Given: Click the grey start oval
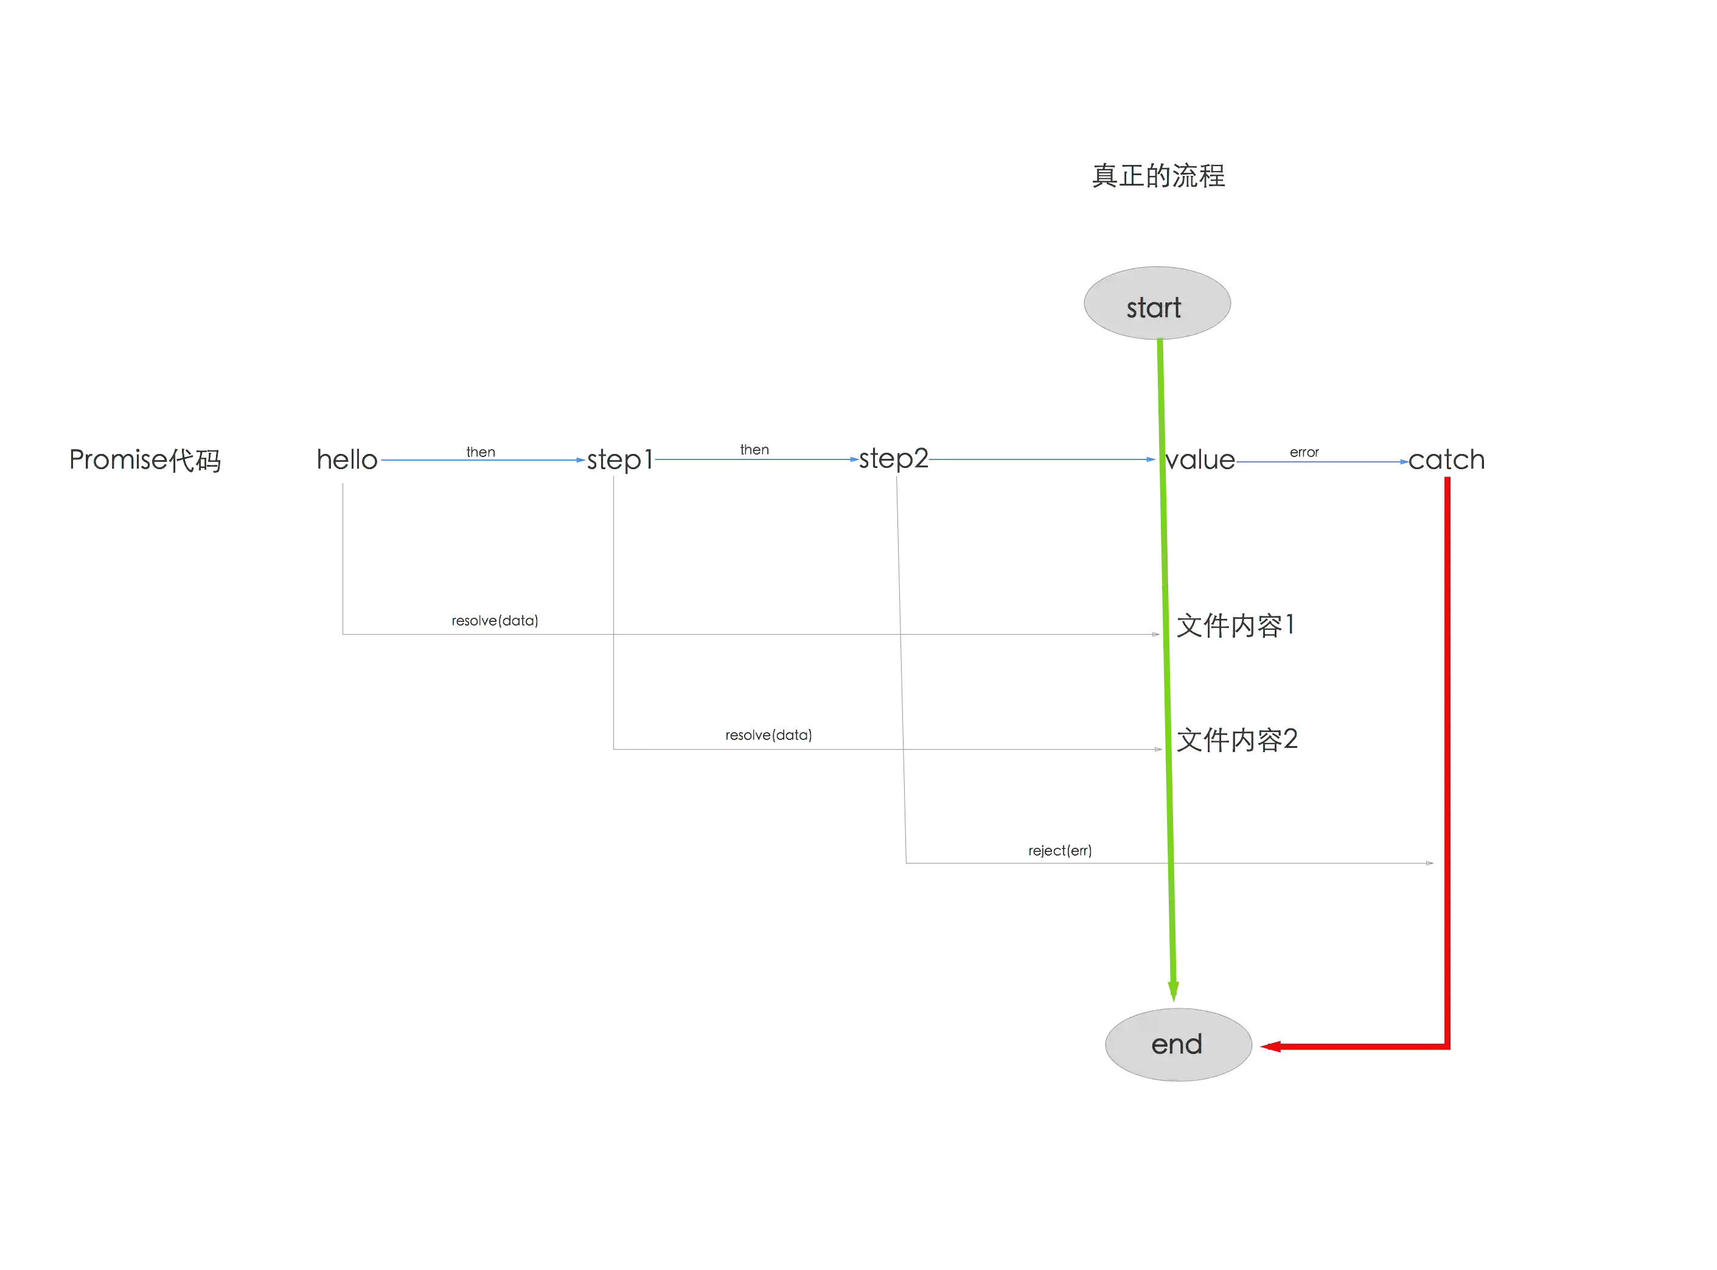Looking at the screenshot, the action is pyautogui.click(x=1157, y=303).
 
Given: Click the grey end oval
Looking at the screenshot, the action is pyautogui.click(x=1178, y=1045).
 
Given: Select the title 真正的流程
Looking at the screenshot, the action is pyautogui.click(x=1158, y=176).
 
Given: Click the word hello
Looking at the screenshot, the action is pyautogui.click(x=347, y=459).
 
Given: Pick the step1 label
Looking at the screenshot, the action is pyautogui.click(x=619, y=459).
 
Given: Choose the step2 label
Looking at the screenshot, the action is pyautogui.click(x=893, y=459).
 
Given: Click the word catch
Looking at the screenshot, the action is pyautogui.click(x=1446, y=459).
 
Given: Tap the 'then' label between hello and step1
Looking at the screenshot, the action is pyautogui.click(x=481, y=452).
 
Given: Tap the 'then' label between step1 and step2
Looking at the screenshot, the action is pyautogui.click(x=754, y=450).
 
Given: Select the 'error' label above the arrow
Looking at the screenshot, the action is pyautogui.click(x=1304, y=452).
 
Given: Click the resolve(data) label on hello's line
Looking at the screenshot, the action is pyautogui.click(x=495, y=620).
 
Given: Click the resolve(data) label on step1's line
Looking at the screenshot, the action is pyautogui.click(x=768, y=735).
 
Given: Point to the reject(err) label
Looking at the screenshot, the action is pyautogui.click(x=1060, y=850).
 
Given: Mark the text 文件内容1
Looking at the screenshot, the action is pyautogui.click(x=1236, y=625).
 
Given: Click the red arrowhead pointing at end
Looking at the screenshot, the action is pyautogui.click(x=1270, y=1046).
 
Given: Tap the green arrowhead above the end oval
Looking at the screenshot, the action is pyautogui.click(x=1174, y=991).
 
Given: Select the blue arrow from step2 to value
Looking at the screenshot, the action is pyautogui.click(x=1042, y=459).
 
